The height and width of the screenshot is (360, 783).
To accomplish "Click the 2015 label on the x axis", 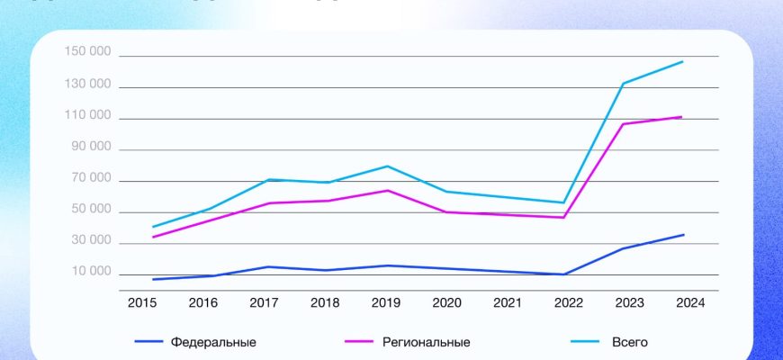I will pos(142,303).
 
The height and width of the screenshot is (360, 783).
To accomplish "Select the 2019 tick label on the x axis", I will pos(385,303).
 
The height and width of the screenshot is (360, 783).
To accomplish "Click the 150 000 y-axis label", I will pos(87,52).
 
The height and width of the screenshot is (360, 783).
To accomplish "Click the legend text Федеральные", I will pos(213,342).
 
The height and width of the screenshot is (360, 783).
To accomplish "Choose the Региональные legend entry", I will pos(427,342).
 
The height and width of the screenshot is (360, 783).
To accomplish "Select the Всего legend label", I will pos(629,342).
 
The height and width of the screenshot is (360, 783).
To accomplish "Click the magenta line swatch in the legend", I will pos(361,342).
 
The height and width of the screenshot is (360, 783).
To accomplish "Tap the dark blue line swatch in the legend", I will pos(149,342).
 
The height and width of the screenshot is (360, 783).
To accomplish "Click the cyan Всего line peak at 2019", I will pos(385,166).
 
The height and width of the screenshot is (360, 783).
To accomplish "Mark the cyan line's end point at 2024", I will pos(683,61).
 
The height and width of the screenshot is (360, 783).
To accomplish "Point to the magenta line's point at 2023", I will pos(623,123).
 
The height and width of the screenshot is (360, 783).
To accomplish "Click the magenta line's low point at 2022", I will pos(564,217).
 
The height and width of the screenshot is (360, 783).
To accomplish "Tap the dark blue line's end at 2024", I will pos(683,235).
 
